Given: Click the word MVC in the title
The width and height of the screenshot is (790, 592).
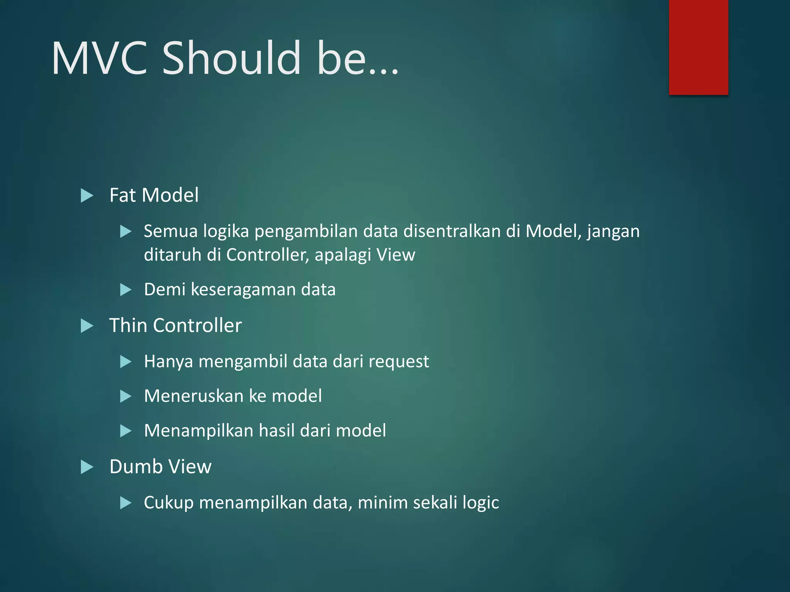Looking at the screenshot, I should coord(100,59).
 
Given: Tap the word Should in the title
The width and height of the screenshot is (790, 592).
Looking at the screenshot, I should coord(231,59).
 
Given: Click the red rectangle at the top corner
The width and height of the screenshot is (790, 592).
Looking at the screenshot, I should coord(698,47).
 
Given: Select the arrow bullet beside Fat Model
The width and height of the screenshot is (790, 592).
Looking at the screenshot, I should coord(87,196).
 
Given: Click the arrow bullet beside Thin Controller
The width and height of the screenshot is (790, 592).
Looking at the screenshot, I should coord(87,326).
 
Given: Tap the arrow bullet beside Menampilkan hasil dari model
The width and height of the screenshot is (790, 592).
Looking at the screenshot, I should coord(126,431).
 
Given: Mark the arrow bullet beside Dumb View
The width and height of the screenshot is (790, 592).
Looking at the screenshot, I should coord(87,468).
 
